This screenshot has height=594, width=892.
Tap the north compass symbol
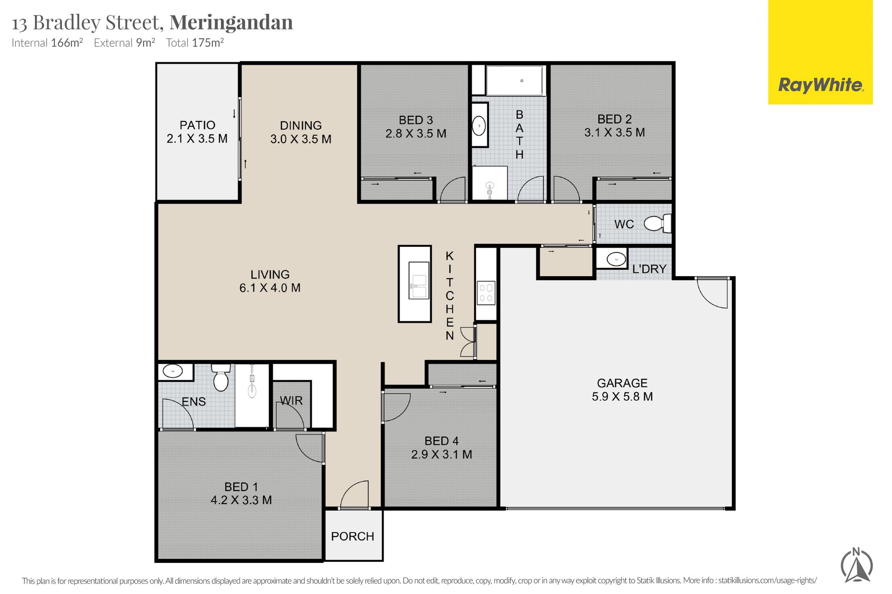[x=856, y=565]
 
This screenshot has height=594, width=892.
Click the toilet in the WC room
[x=658, y=223]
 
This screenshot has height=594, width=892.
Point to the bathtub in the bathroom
[x=515, y=81]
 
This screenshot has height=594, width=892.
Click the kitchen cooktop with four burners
[x=486, y=293]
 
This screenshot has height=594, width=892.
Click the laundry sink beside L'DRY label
[x=616, y=259]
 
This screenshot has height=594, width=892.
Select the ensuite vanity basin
[x=173, y=371]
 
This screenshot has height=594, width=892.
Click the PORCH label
[x=352, y=536]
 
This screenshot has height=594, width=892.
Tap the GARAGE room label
[x=622, y=383]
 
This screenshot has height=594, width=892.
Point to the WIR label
[x=291, y=401]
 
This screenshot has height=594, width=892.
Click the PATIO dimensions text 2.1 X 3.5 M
[x=197, y=139]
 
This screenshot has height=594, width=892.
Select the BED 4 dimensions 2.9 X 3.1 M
[x=442, y=454]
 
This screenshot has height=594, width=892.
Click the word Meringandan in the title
[x=231, y=22]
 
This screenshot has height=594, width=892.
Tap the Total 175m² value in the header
[x=195, y=43]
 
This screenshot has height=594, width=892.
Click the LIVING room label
[x=270, y=274]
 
